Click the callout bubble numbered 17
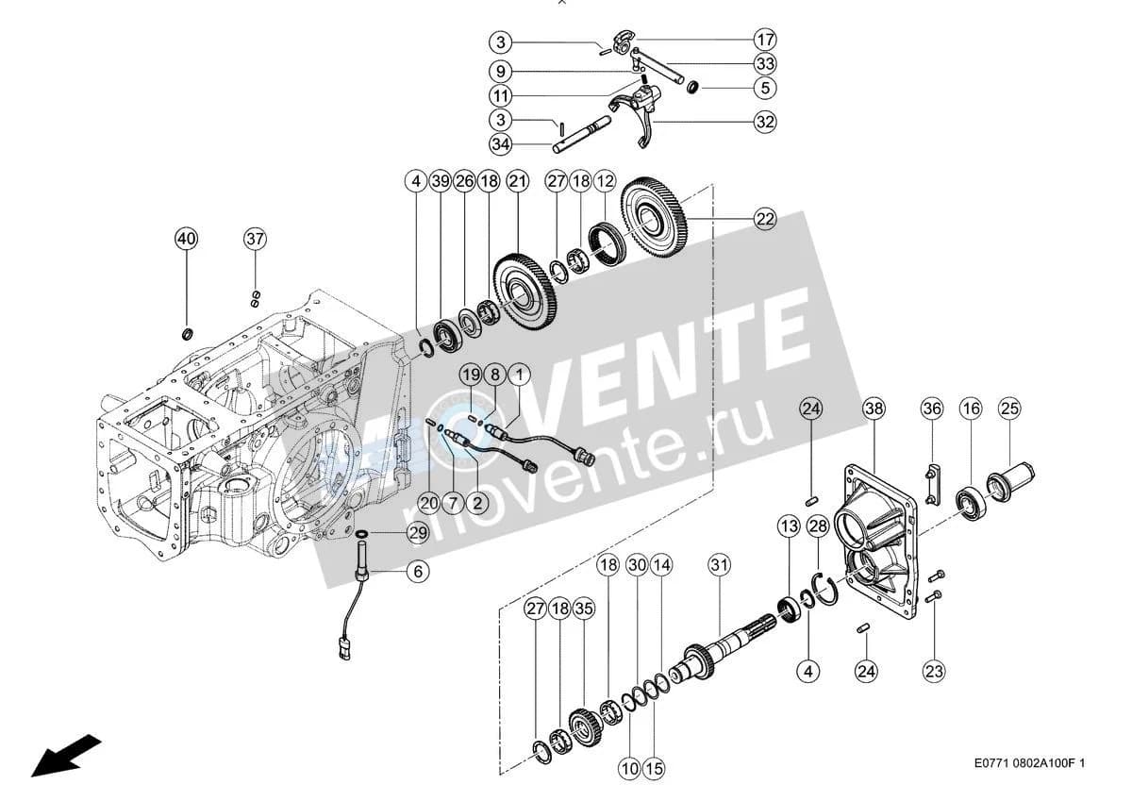(765, 40)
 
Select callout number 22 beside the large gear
(765, 219)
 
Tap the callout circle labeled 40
(187, 239)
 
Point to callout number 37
(256, 239)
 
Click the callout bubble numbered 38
(874, 409)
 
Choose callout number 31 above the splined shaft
(719, 565)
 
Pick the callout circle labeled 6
(418, 572)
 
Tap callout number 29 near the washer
(418, 533)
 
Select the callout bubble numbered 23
(933, 672)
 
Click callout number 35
(583, 609)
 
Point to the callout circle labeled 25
(1009, 409)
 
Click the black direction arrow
(66, 756)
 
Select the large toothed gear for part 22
(654, 218)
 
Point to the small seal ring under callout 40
(188, 334)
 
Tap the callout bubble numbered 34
(501, 144)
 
